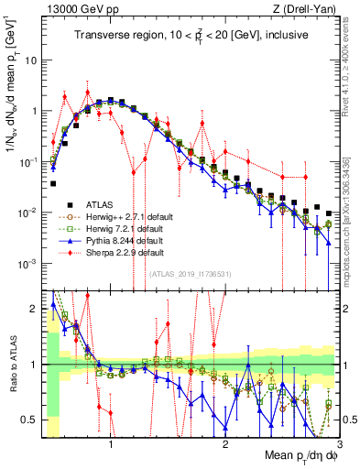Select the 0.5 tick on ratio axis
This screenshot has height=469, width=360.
pos(35,420)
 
